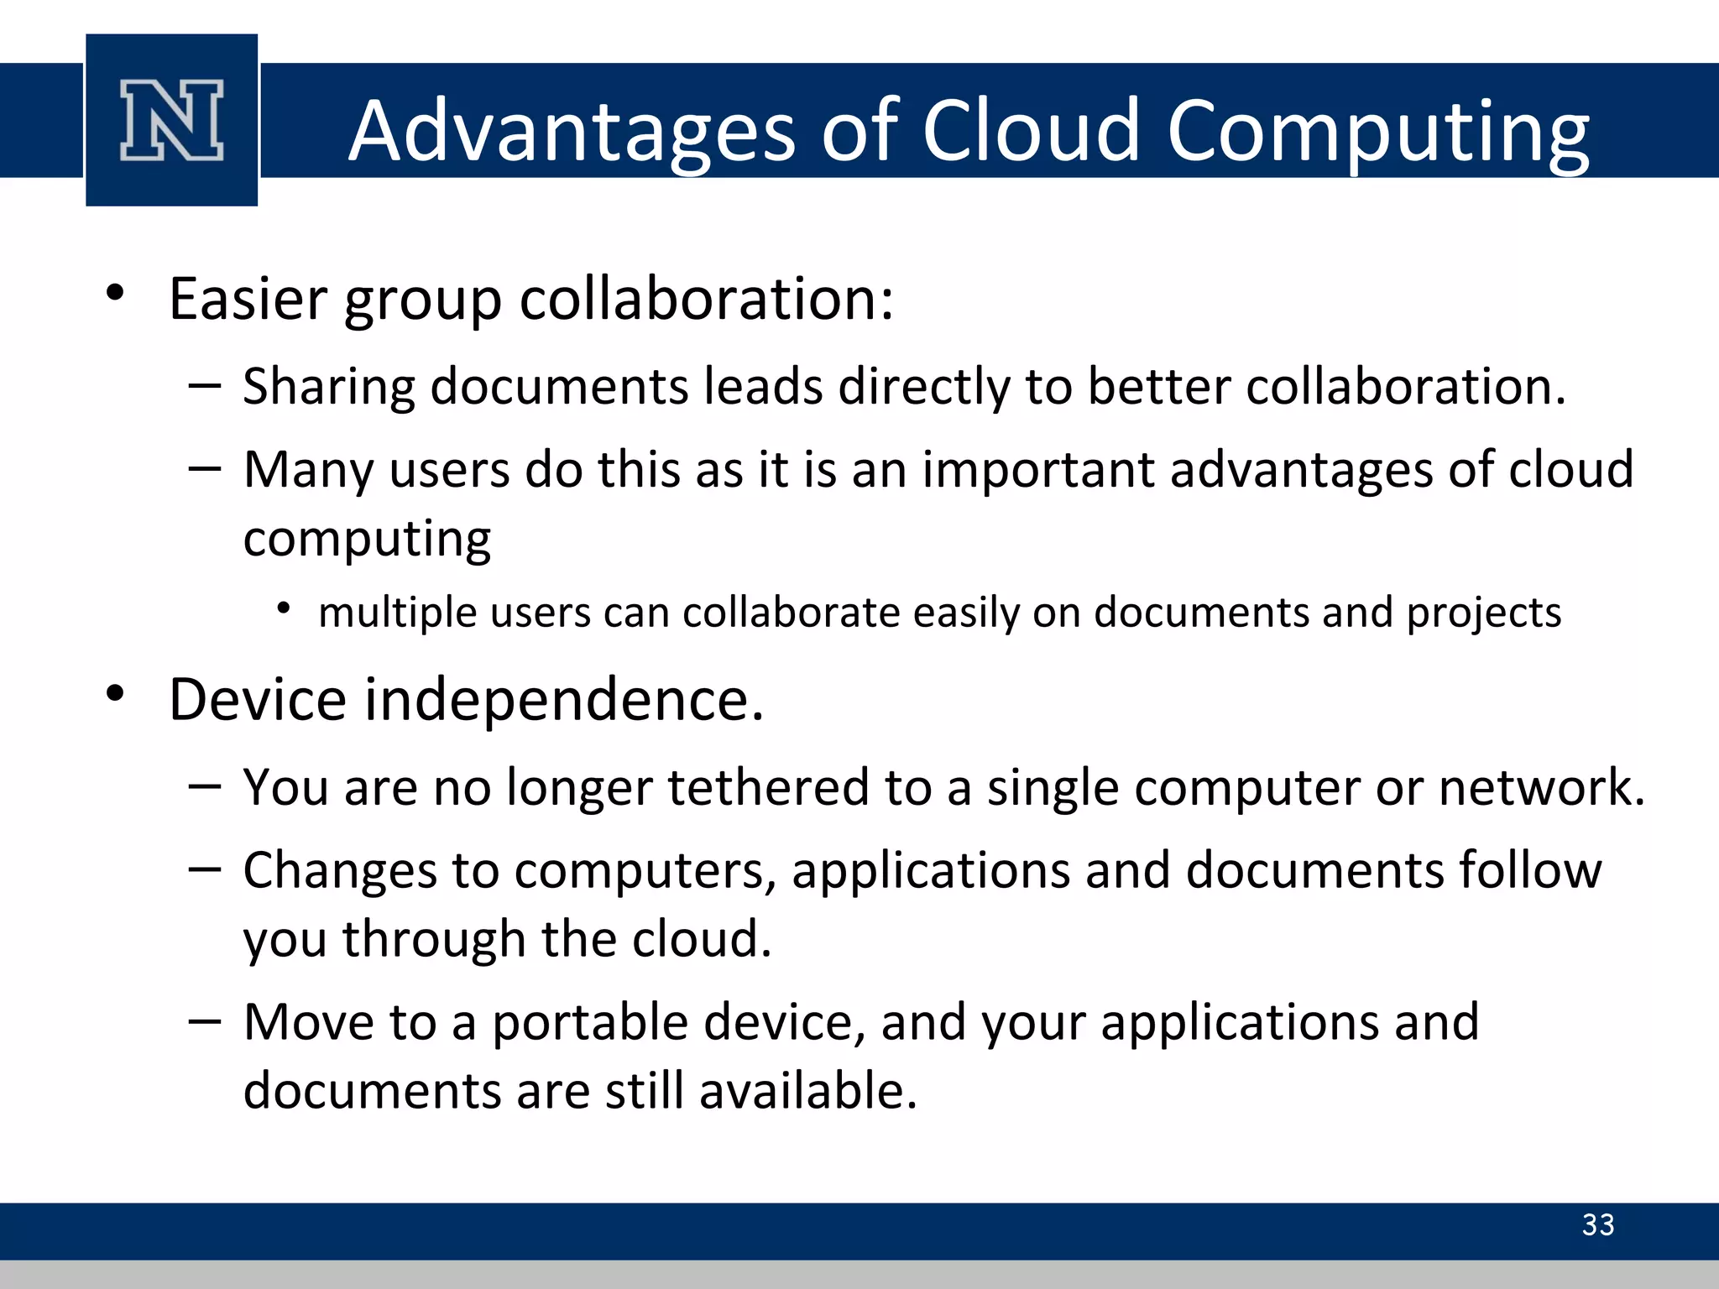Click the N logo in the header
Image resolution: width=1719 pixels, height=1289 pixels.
[172, 120]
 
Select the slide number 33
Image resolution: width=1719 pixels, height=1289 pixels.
[1597, 1224]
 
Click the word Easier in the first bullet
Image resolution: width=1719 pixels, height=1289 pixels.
[248, 299]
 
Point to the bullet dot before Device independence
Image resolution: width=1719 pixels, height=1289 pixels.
[116, 693]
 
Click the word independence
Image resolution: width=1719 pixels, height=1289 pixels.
[564, 700]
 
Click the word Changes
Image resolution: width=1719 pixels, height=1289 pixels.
[340, 871]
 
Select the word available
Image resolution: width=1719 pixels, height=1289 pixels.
[807, 1091]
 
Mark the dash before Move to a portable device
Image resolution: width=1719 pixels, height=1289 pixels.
[205, 1021]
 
